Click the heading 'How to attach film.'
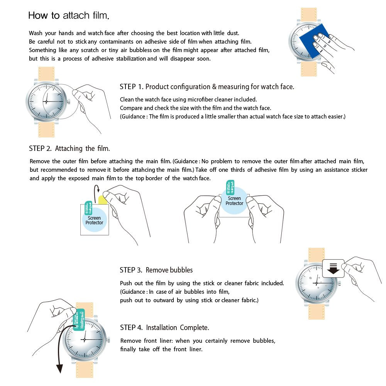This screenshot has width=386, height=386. click(69, 16)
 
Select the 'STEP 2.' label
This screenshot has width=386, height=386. click(40, 149)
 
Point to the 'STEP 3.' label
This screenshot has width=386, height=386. click(131, 270)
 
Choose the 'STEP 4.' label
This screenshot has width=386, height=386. click(131, 328)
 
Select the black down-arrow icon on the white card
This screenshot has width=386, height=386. click(333, 269)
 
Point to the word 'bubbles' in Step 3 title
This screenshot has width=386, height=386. click(181, 270)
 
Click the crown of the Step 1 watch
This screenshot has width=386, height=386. click(69, 102)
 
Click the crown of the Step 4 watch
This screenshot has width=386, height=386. click(108, 340)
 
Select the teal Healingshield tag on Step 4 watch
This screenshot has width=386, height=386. click(80, 320)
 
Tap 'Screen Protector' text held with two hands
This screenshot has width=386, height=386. click(234, 201)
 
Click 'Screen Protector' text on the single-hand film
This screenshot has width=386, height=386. click(94, 220)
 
